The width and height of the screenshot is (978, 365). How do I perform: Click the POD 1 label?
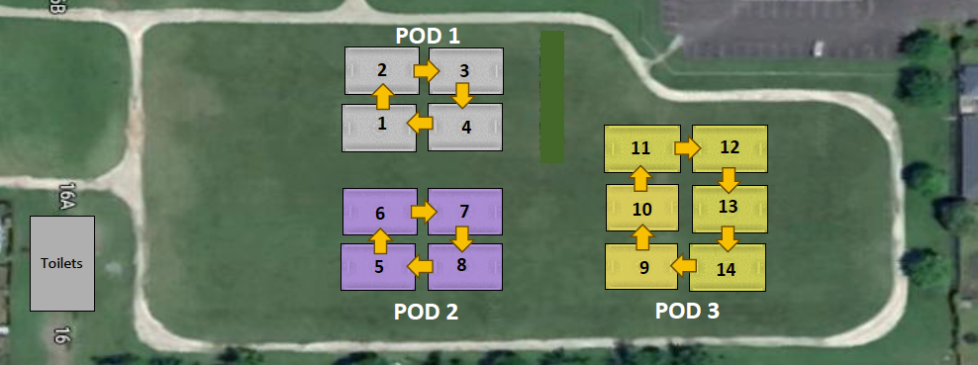[428, 37]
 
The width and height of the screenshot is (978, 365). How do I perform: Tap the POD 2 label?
[426, 312]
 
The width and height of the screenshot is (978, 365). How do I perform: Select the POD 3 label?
[687, 311]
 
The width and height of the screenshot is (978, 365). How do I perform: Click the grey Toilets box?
[62, 263]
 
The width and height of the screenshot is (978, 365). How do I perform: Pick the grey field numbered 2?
[382, 70]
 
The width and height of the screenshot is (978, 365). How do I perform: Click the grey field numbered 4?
[465, 127]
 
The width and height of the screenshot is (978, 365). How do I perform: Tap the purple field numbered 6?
[380, 212]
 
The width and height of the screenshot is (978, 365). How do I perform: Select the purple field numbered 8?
[465, 267]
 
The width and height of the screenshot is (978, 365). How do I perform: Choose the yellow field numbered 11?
[641, 148]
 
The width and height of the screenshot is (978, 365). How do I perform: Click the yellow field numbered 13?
[730, 209]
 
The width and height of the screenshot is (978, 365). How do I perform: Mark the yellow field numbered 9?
[641, 267]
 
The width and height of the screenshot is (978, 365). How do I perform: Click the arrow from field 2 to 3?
[427, 71]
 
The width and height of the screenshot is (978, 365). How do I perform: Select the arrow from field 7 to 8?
[461, 238]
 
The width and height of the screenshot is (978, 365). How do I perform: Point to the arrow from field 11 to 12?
[688, 148]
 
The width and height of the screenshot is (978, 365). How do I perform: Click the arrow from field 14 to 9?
[684, 266]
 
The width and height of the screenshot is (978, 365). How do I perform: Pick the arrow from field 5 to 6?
[380, 241]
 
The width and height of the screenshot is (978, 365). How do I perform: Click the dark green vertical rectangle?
[552, 97]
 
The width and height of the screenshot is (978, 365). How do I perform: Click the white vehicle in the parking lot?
[818, 47]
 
